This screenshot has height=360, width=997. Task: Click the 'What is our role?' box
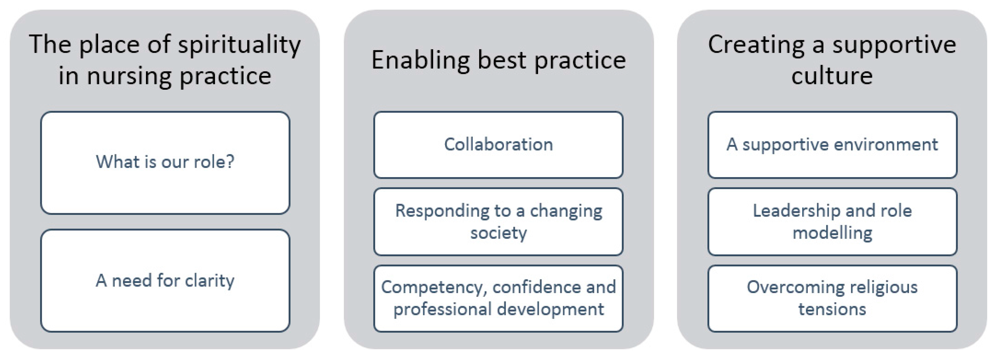click(x=165, y=163)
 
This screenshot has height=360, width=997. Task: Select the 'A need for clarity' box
click(x=165, y=281)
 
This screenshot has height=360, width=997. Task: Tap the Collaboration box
click(x=498, y=145)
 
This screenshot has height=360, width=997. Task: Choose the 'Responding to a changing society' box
click(x=498, y=222)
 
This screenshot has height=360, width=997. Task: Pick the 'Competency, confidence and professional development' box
click(x=498, y=299)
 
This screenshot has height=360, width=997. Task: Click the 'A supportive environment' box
click(x=833, y=145)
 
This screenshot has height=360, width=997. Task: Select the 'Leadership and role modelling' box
click(x=833, y=222)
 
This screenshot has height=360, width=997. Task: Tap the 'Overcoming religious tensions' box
click(x=833, y=299)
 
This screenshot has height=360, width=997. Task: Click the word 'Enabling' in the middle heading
click(x=421, y=61)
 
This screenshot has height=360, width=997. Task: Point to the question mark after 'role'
click(x=230, y=162)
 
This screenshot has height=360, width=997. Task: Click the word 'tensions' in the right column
click(x=832, y=310)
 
